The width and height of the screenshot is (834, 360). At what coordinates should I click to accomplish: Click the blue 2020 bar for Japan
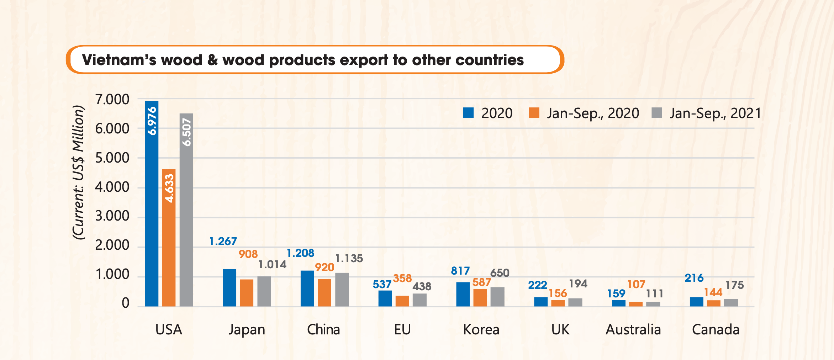coord(229,288)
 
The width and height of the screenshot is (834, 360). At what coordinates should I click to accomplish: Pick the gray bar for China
coord(342,290)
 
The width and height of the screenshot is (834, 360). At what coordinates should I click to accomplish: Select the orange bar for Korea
coord(480,298)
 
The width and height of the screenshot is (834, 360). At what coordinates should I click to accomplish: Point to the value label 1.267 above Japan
coord(223,242)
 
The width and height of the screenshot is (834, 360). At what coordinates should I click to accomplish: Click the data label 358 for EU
coord(402,278)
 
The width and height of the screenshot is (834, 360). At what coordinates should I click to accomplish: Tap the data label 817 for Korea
coord(460,271)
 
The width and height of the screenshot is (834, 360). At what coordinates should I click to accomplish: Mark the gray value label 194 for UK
coord(578,284)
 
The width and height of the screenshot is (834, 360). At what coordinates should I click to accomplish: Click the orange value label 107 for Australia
coord(636,284)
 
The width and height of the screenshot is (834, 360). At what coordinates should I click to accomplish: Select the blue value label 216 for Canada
coord(694,278)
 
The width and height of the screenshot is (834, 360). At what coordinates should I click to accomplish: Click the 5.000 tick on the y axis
coord(112,158)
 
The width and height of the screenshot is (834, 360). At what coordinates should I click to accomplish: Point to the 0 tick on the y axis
coord(125,303)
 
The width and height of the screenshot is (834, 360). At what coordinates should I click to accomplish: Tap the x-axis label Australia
coord(633,330)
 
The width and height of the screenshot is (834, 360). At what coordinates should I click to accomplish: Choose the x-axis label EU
coord(402,330)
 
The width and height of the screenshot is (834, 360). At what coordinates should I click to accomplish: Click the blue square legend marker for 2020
coord(469,113)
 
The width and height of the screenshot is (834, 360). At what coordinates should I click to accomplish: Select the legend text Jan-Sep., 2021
coord(715,113)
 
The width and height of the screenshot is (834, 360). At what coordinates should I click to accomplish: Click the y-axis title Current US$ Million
coord(79,173)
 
